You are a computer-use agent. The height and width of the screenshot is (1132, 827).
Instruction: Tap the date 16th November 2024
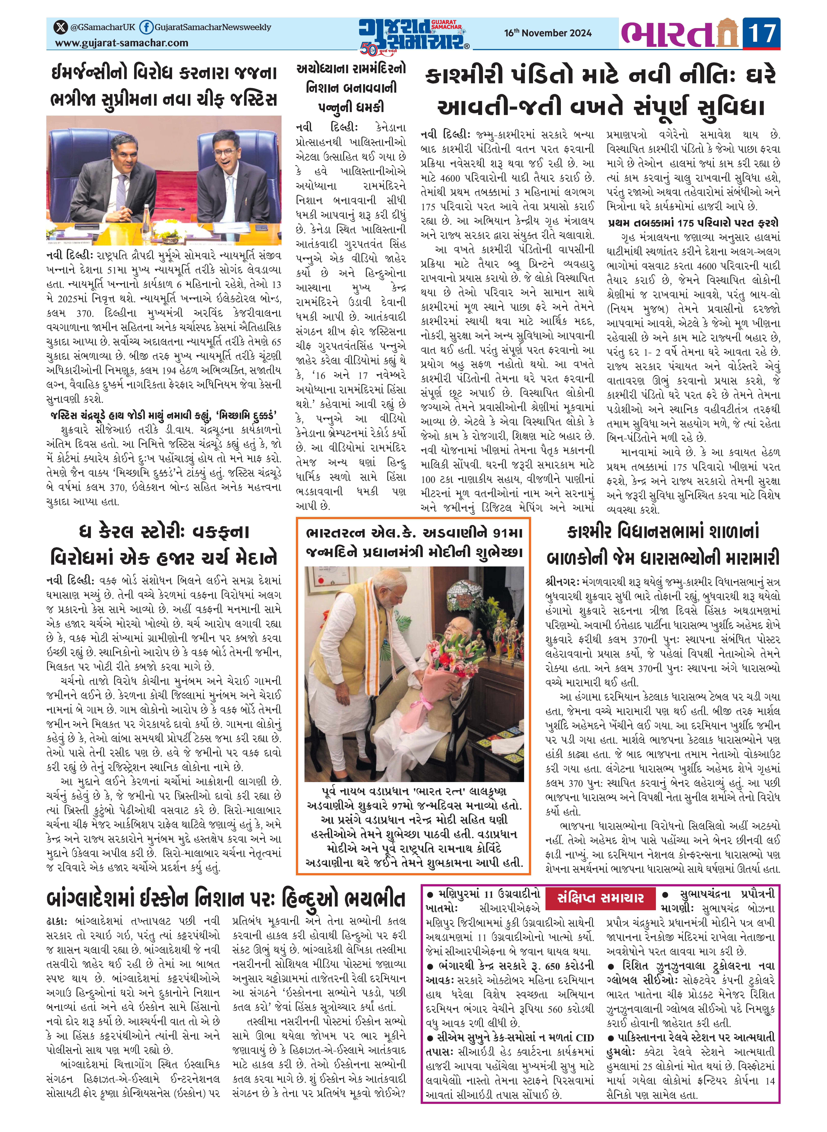pyautogui.click(x=548, y=33)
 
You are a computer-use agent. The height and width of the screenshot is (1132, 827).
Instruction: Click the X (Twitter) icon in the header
pyautogui.click(x=61, y=27)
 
